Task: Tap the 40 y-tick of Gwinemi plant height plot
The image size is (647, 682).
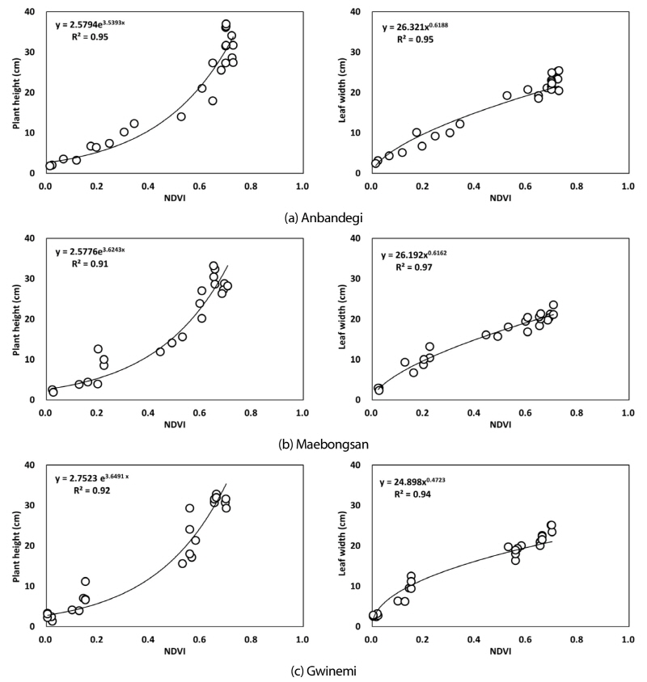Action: pyautogui.click(x=31, y=465)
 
